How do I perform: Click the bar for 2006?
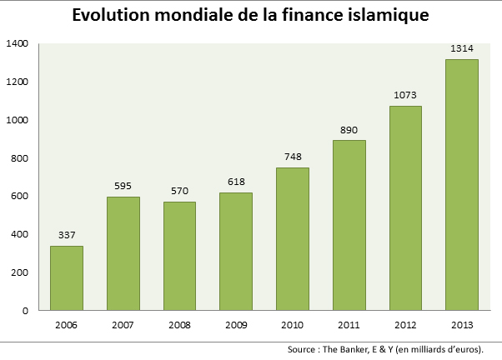(x=67, y=278)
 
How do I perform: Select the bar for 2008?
(x=179, y=256)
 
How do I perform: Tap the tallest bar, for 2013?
(x=462, y=185)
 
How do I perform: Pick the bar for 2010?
(x=292, y=239)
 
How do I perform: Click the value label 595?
(x=123, y=186)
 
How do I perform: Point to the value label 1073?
(x=405, y=95)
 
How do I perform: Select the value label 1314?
(x=461, y=48)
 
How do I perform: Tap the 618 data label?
(x=236, y=182)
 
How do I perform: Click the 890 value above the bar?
(x=349, y=130)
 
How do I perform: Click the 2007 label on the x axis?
(x=123, y=325)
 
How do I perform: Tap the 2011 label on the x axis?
(x=349, y=325)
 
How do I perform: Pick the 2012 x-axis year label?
(x=405, y=325)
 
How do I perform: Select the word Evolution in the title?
(x=112, y=16)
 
